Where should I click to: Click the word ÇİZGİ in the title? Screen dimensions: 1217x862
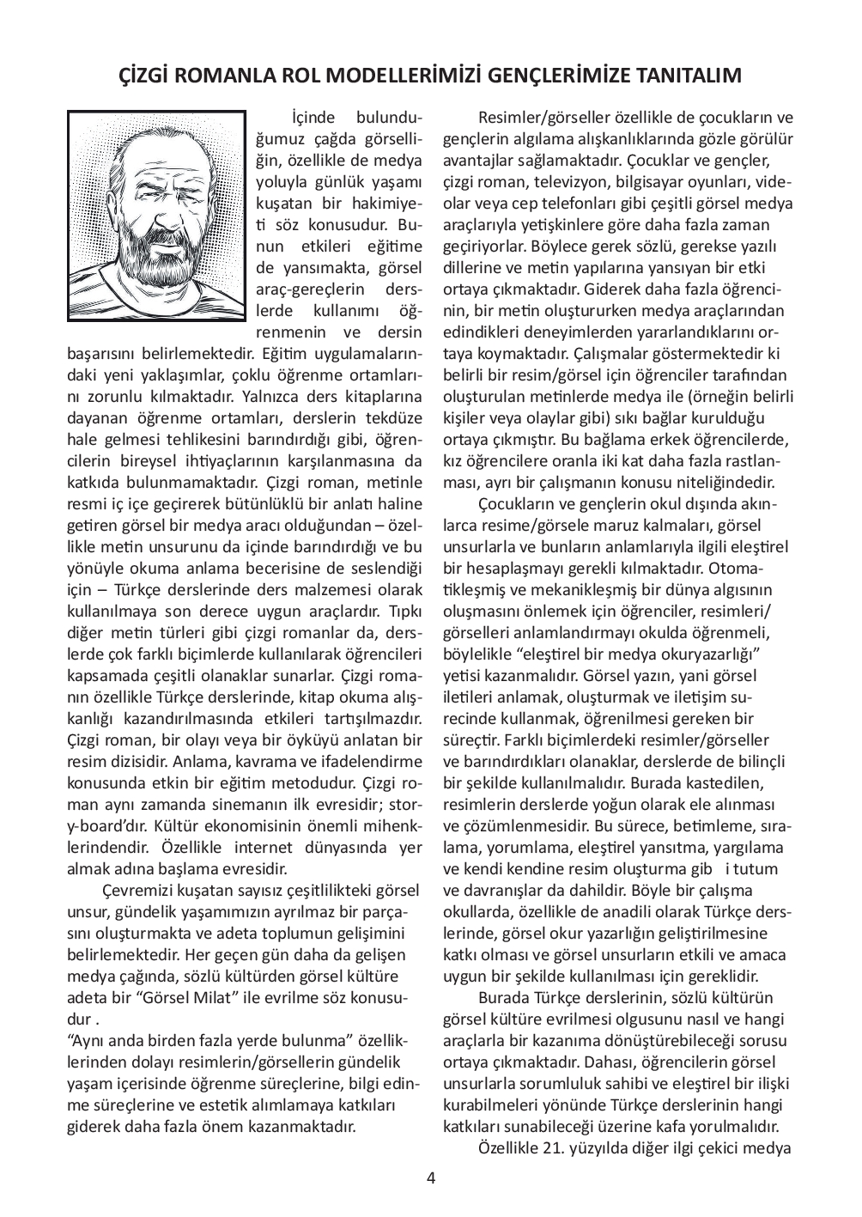click(143, 76)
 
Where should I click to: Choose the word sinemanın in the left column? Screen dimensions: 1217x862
click(257, 804)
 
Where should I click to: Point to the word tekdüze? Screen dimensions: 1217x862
click(388, 418)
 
